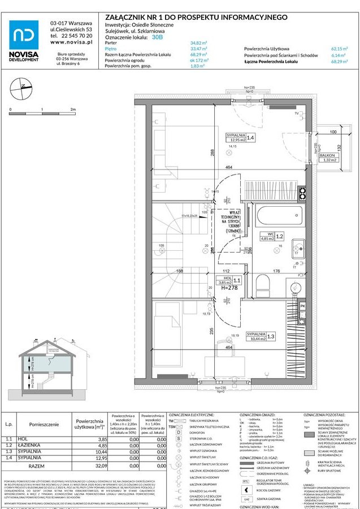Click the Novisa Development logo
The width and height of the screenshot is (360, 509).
(24, 40)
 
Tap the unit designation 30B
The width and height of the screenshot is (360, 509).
(158, 37)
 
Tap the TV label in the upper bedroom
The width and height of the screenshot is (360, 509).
(296, 114)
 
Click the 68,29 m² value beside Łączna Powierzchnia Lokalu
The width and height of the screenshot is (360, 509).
(339, 62)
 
